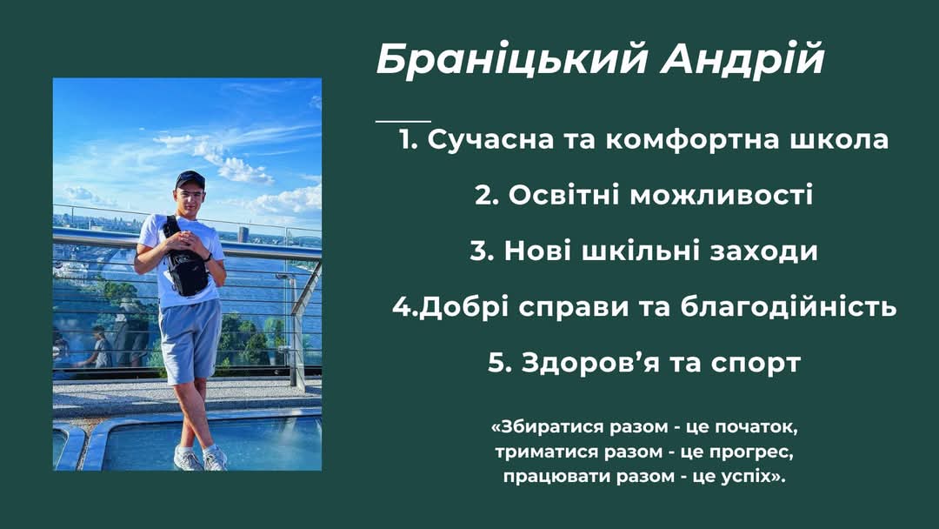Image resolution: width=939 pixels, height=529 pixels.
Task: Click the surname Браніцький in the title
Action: click(x=511, y=60)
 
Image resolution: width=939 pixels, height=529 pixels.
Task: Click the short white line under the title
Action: click(x=403, y=121)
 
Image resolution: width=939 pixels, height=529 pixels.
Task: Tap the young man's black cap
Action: click(x=190, y=178)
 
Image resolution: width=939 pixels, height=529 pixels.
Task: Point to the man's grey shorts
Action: click(x=190, y=340)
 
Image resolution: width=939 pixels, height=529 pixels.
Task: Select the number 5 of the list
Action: click(x=496, y=363)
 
